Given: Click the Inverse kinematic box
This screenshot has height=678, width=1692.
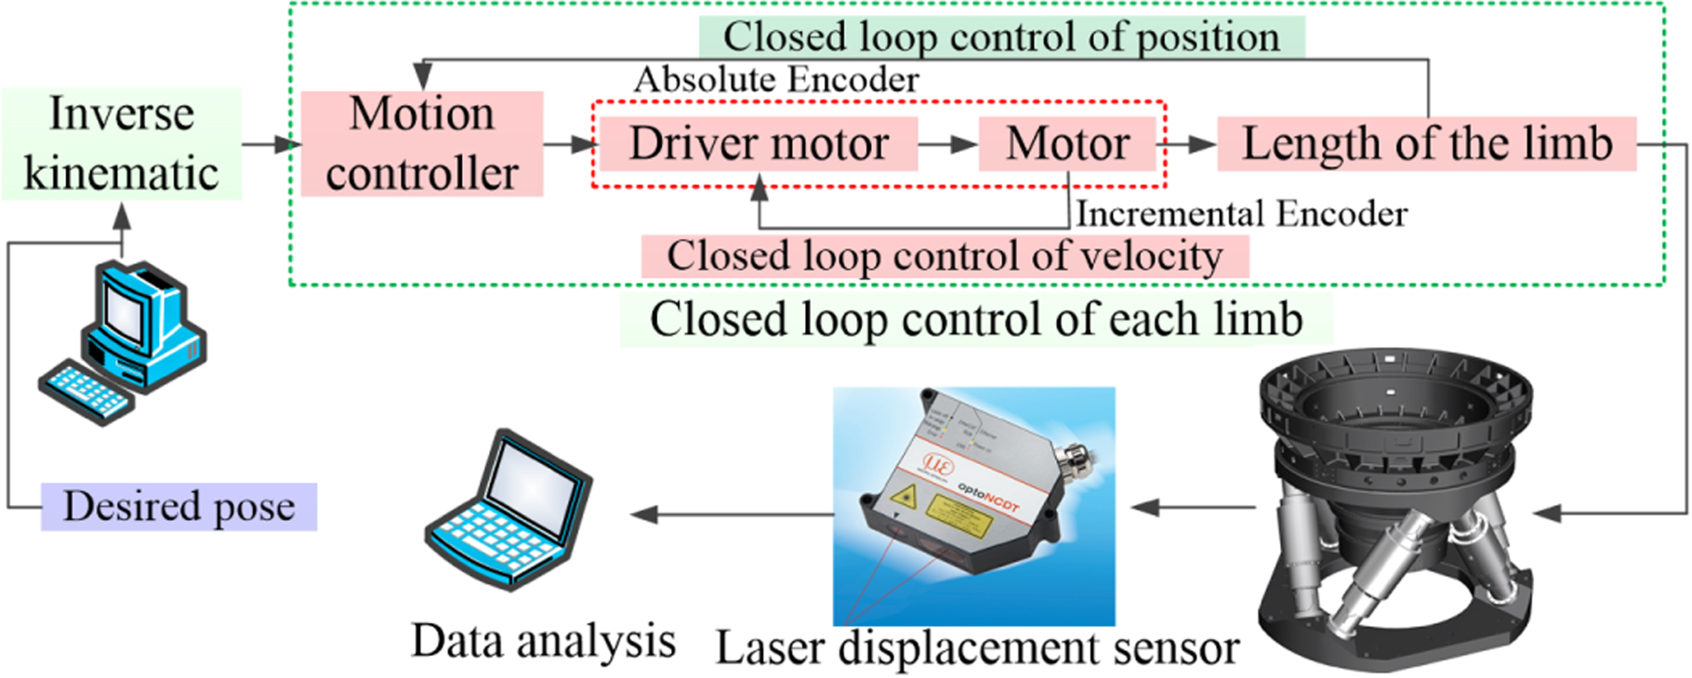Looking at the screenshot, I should pyautogui.click(x=121, y=144).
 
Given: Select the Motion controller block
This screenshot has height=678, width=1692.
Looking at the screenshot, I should pyautogui.click(x=421, y=144).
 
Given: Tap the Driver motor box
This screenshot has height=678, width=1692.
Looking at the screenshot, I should pyautogui.click(x=759, y=144).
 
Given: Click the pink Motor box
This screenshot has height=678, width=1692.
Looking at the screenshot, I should pyautogui.click(x=1067, y=144).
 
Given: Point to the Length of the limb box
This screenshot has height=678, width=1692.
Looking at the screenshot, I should pyautogui.click(x=1426, y=144).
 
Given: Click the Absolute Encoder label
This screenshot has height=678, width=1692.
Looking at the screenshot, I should pyautogui.click(x=776, y=80).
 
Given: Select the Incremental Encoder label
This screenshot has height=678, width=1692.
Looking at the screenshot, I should pyautogui.click(x=1241, y=214).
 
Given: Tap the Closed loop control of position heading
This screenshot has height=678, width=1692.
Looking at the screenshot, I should pyautogui.click(x=1001, y=37).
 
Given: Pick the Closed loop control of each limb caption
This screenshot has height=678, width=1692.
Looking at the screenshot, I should pyautogui.click(x=975, y=320).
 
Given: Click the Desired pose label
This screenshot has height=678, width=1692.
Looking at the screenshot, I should pyautogui.click(x=178, y=507).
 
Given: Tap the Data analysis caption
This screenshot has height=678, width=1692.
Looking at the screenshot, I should pyautogui.click(x=543, y=642).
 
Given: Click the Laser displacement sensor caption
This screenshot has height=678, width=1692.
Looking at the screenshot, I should pyautogui.click(x=976, y=648).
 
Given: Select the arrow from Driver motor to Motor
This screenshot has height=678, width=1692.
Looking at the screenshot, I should pyautogui.click(x=947, y=145).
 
